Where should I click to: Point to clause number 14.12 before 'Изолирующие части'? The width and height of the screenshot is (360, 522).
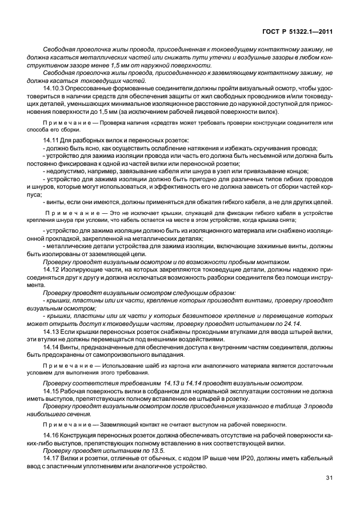(51, 268)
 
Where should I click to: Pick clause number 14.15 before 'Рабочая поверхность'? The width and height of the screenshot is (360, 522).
(51, 390)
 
